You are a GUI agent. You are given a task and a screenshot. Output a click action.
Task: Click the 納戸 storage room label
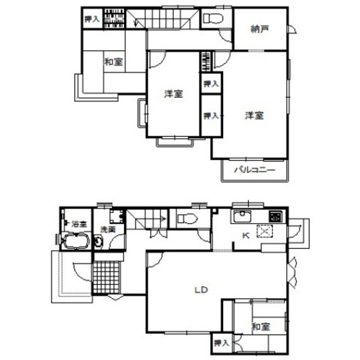point(260,29)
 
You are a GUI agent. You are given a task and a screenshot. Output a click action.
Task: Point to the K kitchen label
point(245,235)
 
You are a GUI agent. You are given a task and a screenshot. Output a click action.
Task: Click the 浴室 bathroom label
point(79,224)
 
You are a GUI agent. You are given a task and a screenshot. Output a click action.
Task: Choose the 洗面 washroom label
point(107,229)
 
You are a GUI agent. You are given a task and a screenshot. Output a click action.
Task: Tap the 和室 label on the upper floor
point(114,62)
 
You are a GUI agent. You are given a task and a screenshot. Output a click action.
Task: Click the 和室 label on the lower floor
point(260,327)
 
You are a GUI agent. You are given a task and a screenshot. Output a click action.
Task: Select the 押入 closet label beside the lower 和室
point(221,343)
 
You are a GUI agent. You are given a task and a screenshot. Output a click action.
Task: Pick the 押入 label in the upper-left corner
point(91,19)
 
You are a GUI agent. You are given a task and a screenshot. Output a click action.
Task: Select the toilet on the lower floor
point(185,218)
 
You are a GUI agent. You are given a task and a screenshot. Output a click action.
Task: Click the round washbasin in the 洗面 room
point(98,243)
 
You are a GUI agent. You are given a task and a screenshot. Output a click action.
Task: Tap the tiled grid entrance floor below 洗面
point(107,276)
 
